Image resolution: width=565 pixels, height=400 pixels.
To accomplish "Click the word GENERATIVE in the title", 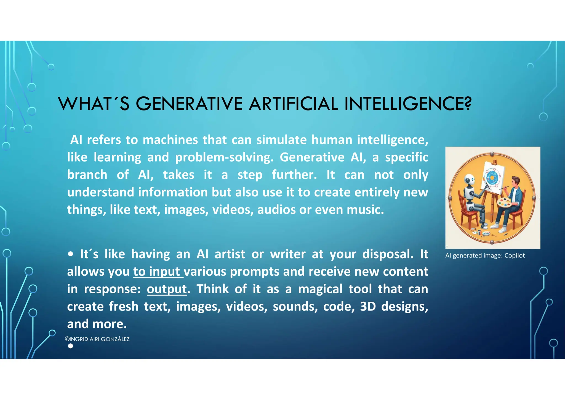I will tap(189, 104).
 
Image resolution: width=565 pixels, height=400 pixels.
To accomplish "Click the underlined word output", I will tap(167, 289).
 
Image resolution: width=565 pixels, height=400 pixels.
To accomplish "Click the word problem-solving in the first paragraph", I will tap(224, 157).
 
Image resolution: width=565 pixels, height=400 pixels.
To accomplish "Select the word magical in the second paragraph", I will tap(320, 289).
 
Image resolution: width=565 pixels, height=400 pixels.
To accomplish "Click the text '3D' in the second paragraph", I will tap(368, 307).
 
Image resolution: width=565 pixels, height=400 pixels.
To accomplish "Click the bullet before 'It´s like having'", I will tap(71, 254).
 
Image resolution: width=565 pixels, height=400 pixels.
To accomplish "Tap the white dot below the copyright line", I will tap(71, 346).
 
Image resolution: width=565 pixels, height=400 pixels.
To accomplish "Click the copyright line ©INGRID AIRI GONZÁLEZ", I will tap(97, 339).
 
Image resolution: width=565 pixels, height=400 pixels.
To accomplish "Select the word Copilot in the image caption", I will tap(515, 256).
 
